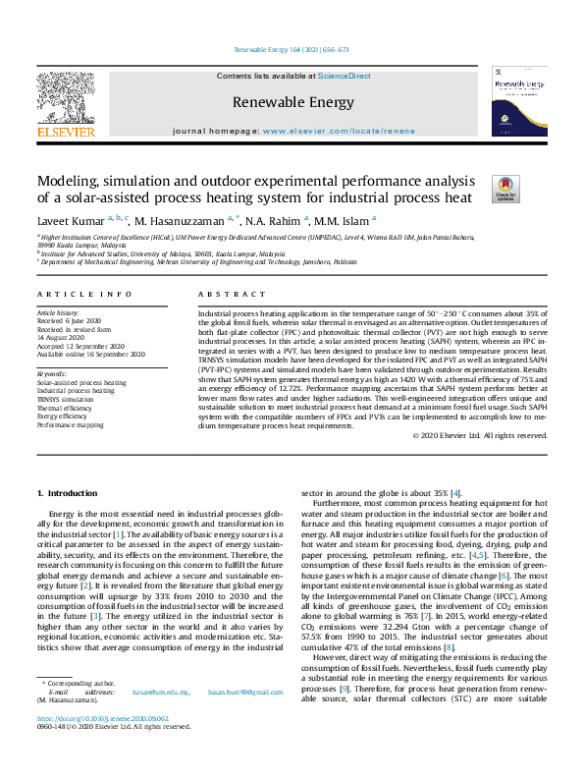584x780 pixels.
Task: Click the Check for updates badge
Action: tap(477, 189)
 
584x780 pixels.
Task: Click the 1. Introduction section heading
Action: tap(68, 491)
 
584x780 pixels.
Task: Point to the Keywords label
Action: tap(52, 374)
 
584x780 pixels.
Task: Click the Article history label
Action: tap(59, 311)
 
